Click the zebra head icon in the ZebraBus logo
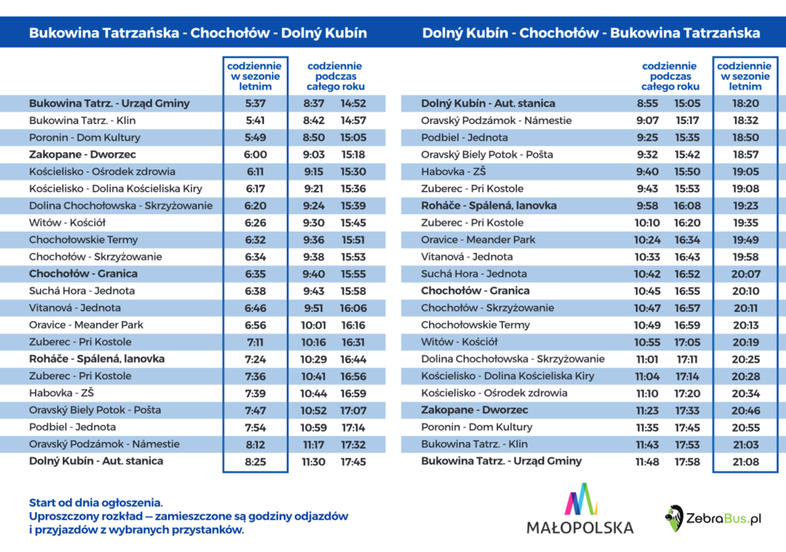[x=674, y=518]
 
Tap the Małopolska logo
[x=580, y=509]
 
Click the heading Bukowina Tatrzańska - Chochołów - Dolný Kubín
[x=198, y=33]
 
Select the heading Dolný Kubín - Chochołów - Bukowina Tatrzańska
[x=591, y=33]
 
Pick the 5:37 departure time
[x=255, y=104]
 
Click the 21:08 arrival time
[x=745, y=462]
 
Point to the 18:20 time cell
[x=745, y=104]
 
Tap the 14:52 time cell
[x=354, y=104]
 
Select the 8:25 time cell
[x=255, y=462]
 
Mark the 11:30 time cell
[x=314, y=462]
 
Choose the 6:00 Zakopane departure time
[x=255, y=155]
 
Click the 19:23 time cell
[x=745, y=206]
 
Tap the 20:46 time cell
[x=745, y=411]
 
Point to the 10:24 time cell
[x=647, y=240]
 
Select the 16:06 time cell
[x=354, y=308]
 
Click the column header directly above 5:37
[x=255, y=76]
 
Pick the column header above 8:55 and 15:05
[x=670, y=76]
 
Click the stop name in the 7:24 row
[x=97, y=359]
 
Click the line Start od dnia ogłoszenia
[x=96, y=503]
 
